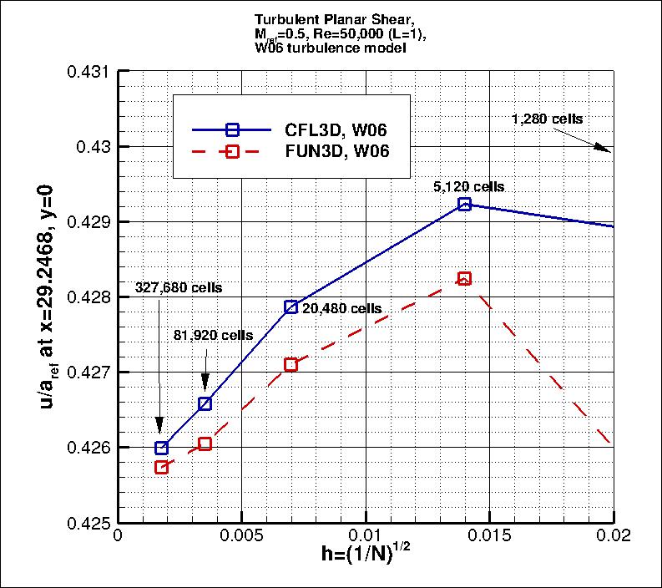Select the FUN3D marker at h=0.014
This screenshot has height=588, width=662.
pyautogui.click(x=464, y=278)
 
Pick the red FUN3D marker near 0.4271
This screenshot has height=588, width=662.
pyautogui.click(x=291, y=364)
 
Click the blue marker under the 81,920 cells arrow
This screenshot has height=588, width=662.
pyautogui.click(x=205, y=403)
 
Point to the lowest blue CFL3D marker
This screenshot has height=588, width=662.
pyautogui.click(x=161, y=448)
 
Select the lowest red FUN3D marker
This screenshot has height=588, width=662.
pyautogui.click(x=161, y=467)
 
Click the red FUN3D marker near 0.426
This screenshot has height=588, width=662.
pyautogui.click(x=205, y=444)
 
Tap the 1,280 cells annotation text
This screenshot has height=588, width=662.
pyautogui.click(x=547, y=119)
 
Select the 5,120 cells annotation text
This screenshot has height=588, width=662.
pyautogui.click(x=469, y=187)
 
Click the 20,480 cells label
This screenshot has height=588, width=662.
pyautogui.click(x=342, y=308)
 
